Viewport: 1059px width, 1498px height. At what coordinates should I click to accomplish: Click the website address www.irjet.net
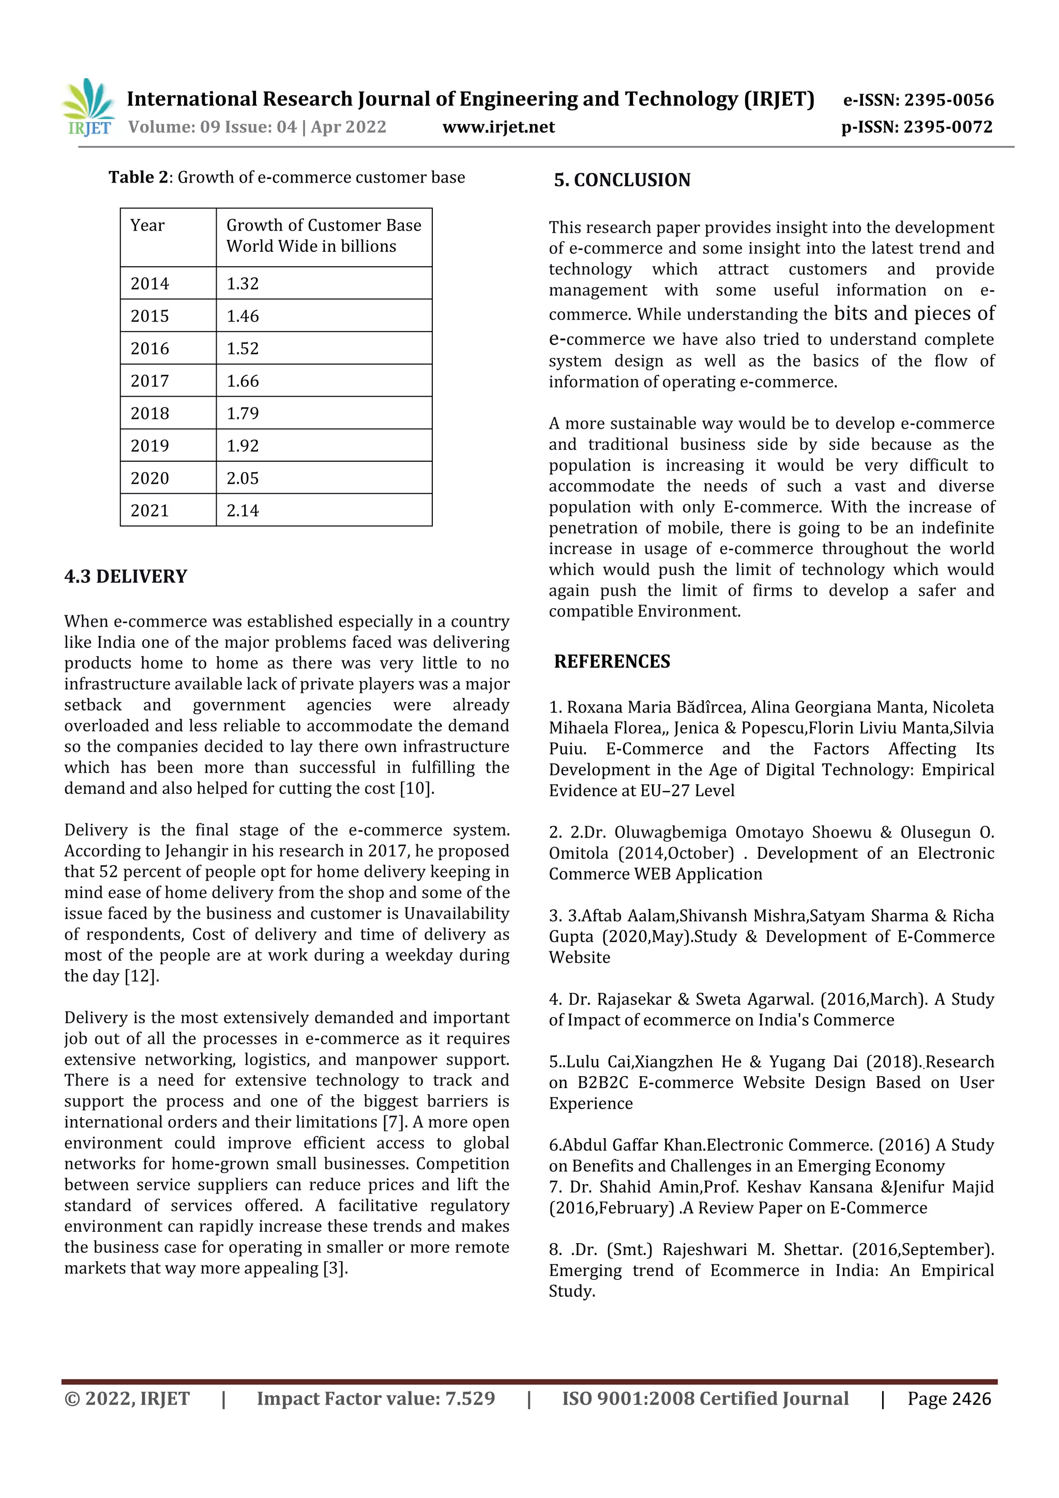tap(498, 127)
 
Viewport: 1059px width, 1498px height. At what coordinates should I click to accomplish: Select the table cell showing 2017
tap(150, 381)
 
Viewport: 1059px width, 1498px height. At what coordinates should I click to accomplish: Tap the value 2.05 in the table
tap(243, 478)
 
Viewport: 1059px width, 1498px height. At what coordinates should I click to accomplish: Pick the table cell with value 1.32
tap(243, 284)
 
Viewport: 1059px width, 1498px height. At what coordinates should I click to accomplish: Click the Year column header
tap(147, 226)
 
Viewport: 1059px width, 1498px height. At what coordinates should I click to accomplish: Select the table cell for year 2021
tap(150, 511)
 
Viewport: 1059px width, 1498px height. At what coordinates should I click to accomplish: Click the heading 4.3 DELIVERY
tap(125, 577)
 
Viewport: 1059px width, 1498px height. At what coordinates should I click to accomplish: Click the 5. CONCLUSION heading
tap(622, 180)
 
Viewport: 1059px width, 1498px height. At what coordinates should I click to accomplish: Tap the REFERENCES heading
tap(612, 661)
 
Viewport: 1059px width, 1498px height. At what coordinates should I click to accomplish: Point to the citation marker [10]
tap(416, 789)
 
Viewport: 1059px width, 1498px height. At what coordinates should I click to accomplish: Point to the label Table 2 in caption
tap(139, 177)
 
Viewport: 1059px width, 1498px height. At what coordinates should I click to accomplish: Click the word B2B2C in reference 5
tap(602, 1083)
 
